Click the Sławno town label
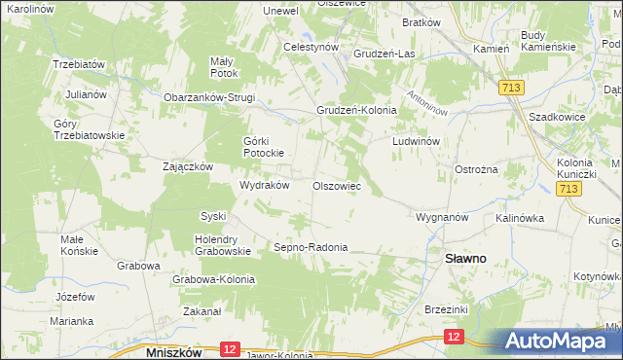coord(466,260)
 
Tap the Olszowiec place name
coord(337,185)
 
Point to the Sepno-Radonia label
coord(311,247)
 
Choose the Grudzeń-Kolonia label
coord(356,111)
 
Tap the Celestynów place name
coord(311,47)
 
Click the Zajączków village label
coord(188,166)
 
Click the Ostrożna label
coord(477,169)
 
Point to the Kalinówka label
coord(520,217)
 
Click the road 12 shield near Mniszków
coord(229,348)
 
